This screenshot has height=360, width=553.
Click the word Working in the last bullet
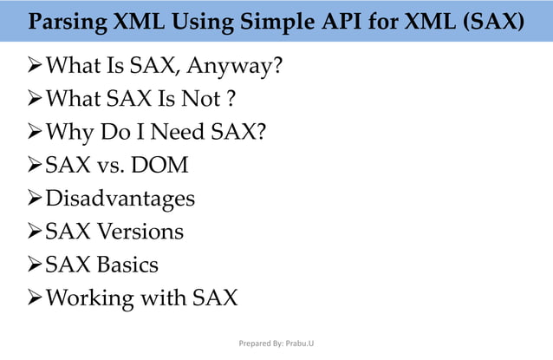coord(90,298)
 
